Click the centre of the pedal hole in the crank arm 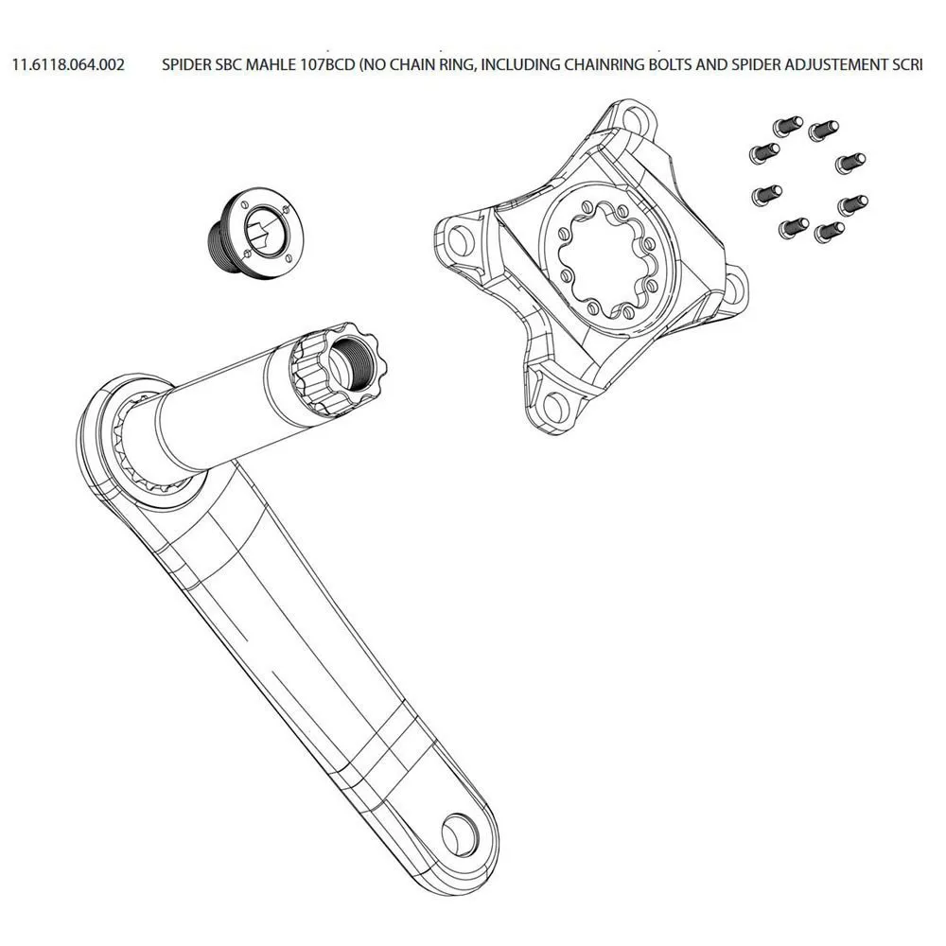[x=460, y=833]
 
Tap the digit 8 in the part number [x=56, y=64]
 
